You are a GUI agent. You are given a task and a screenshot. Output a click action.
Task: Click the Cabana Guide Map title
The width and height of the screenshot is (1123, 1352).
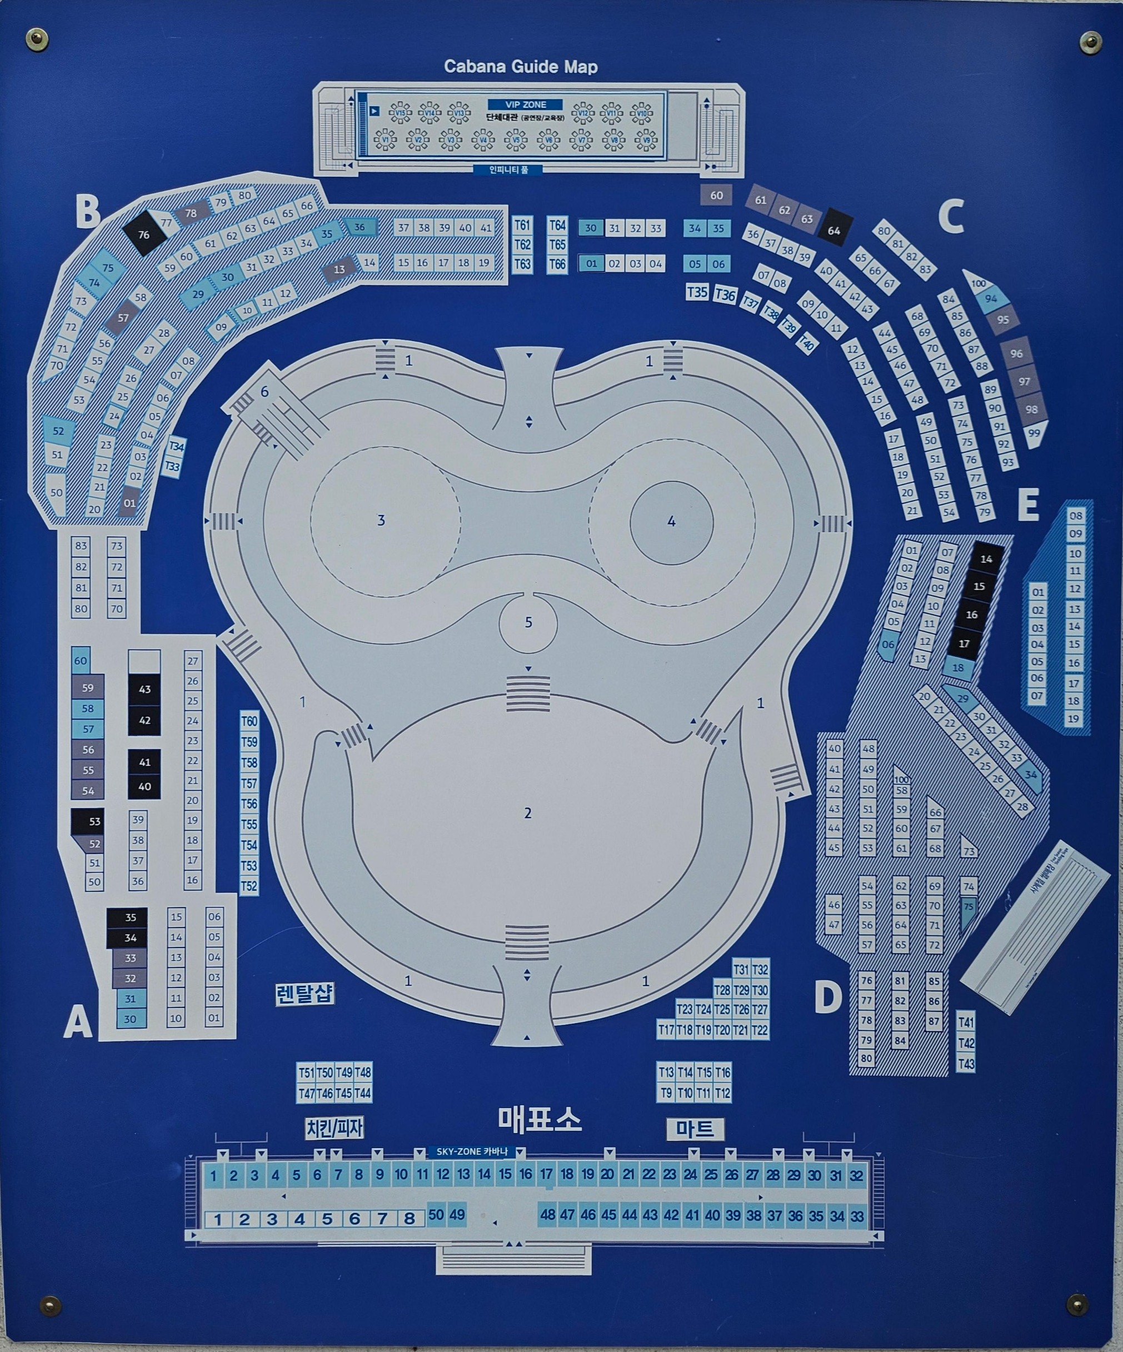point(520,66)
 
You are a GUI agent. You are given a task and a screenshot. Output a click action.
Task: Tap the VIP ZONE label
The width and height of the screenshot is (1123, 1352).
point(526,104)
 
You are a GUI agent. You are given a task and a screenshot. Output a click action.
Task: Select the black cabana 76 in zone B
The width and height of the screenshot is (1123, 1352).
point(143,235)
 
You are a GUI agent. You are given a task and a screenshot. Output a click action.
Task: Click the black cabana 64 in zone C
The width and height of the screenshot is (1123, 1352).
point(834,231)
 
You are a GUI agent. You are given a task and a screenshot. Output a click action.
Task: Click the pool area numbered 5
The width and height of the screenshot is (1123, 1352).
point(528,622)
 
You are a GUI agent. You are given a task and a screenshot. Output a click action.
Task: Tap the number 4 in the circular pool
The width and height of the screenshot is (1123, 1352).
point(672,521)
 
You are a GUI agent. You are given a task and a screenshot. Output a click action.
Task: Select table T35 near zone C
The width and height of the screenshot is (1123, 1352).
point(697,292)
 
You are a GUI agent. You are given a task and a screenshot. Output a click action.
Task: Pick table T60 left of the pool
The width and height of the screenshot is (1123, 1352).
point(249,721)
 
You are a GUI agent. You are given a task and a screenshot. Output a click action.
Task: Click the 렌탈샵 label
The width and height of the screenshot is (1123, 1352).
point(305,994)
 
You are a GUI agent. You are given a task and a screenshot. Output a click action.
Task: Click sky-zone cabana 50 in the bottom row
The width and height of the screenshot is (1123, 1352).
point(436,1214)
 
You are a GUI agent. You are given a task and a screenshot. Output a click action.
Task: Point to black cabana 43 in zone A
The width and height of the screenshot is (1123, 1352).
point(144,689)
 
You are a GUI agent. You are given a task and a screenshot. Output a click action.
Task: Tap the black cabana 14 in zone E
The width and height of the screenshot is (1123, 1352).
point(986,559)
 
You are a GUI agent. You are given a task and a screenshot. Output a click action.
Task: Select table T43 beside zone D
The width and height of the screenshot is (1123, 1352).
point(966,1064)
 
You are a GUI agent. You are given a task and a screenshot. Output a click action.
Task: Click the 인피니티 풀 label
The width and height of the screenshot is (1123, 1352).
point(508,170)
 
